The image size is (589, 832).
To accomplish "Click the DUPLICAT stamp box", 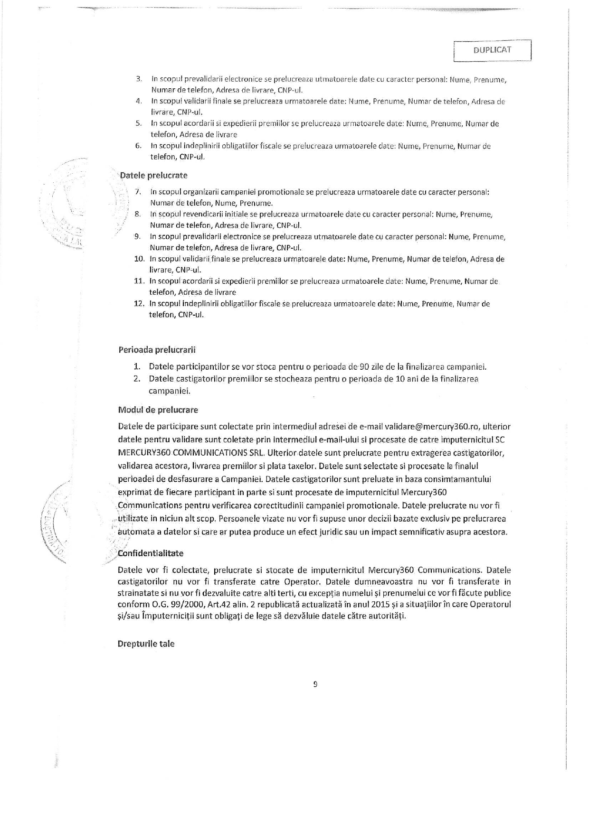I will (x=492, y=50).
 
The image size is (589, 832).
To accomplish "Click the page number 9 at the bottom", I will (x=315, y=684).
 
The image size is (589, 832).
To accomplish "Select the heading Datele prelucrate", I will (x=153, y=176).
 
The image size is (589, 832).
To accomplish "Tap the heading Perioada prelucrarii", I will (x=157, y=350).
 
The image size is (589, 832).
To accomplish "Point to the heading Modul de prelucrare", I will (x=158, y=410).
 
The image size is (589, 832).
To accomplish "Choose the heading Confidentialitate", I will (x=152, y=553).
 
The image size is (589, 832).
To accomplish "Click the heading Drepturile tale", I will (x=146, y=644).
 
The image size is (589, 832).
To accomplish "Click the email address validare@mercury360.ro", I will (x=431, y=426).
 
